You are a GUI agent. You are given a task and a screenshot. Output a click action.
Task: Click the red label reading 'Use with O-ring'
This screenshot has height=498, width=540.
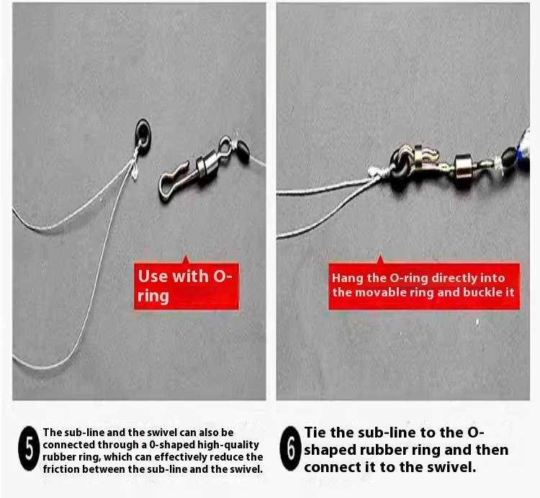pyautogui.click(x=186, y=286)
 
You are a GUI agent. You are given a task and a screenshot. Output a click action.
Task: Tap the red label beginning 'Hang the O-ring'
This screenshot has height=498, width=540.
pyautogui.click(x=424, y=286)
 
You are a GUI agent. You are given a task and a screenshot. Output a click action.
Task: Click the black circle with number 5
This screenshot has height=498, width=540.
pyautogui.click(x=29, y=448)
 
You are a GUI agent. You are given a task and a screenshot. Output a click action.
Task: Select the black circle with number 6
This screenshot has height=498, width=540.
pyautogui.click(x=290, y=448)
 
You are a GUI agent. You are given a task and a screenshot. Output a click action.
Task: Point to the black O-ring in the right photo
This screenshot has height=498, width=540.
pyautogui.click(x=400, y=165)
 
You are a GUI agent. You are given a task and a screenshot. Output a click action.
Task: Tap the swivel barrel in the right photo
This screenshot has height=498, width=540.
pyautogui.click(x=463, y=166)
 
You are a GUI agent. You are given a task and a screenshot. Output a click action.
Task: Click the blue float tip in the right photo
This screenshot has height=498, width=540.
pyautogui.click(x=525, y=150)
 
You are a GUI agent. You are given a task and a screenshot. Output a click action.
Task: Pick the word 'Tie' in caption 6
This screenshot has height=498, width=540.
pyautogui.click(x=315, y=433)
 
